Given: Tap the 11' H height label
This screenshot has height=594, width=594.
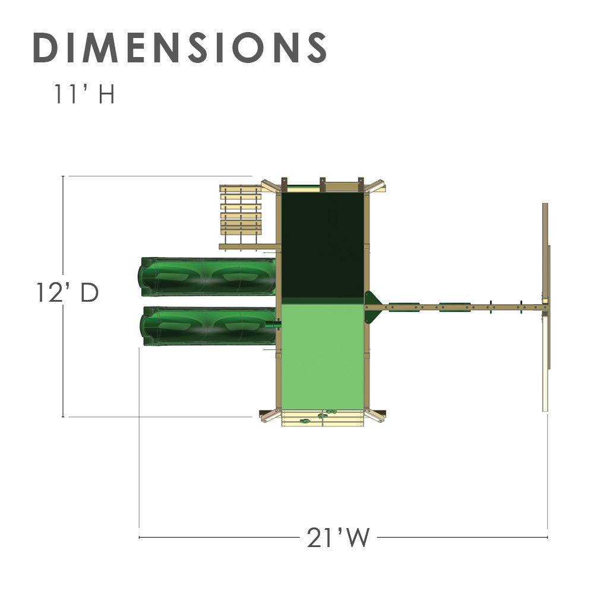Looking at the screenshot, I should (x=84, y=95).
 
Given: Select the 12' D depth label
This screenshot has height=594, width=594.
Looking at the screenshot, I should (x=67, y=293).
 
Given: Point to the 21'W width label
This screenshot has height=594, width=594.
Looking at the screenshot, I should (x=338, y=538).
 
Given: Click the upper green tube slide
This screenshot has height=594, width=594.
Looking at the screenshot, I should (x=207, y=276).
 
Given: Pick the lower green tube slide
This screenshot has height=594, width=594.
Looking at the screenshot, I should (x=207, y=326).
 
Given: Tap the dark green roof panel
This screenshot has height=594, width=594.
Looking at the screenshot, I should (x=322, y=245).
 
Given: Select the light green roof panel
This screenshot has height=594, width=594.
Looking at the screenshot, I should (x=322, y=356).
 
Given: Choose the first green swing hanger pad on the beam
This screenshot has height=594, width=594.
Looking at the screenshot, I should (x=404, y=307).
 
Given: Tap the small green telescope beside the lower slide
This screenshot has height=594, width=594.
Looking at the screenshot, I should (x=273, y=325).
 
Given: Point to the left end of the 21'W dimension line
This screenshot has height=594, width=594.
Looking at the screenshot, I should (x=140, y=538).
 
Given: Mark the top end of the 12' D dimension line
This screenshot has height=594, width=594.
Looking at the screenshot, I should (x=64, y=176).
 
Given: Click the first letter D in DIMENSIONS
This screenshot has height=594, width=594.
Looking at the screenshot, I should (x=46, y=47).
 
